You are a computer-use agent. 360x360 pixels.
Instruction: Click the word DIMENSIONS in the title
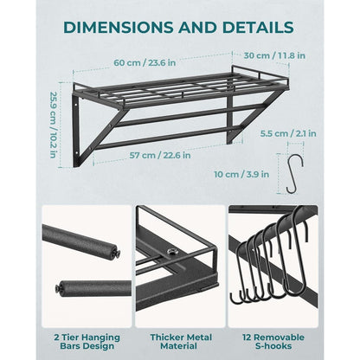[118, 28]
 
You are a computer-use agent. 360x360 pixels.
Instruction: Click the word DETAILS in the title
[258, 28]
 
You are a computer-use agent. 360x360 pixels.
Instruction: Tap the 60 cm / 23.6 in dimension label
[145, 62]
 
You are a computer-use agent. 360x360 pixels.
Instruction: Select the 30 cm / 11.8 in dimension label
[274, 55]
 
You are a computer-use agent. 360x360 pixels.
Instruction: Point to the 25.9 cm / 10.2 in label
[53, 125]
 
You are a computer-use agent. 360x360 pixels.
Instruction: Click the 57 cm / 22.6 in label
[160, 155]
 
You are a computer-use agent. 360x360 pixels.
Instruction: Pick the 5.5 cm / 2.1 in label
[288, 133]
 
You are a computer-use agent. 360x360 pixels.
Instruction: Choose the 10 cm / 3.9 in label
[241, 174]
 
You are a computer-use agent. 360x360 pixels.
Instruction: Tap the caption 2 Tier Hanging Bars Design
[87, 342]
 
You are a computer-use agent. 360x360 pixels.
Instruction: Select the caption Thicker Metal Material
[181, 342]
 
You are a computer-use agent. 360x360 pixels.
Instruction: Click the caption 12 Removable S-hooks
[273, 342]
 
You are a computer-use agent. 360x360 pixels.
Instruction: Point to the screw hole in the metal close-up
[171, 253]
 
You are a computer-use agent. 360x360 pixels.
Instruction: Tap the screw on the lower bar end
[59, 288]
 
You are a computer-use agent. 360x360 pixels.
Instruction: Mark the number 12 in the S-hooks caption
[247, 337]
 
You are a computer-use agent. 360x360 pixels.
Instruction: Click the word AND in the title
[197, 28]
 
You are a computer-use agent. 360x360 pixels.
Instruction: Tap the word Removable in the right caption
[279, 337]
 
